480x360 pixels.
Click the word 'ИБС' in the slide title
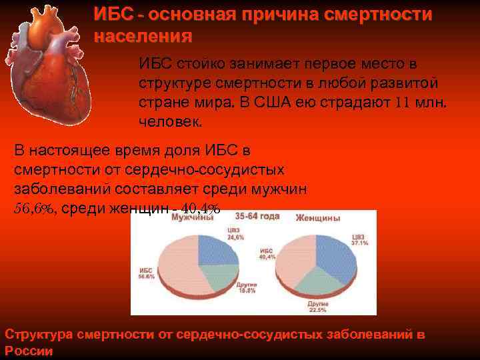[109, 15]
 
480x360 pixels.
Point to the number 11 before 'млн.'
[401, 103]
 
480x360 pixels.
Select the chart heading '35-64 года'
[255, 217]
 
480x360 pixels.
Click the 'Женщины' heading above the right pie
[318, 218]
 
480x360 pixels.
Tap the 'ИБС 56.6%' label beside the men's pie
[146, 273]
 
